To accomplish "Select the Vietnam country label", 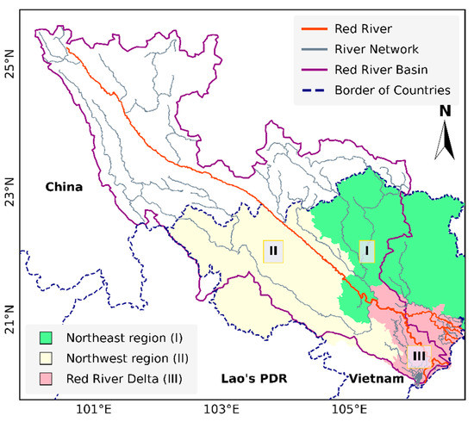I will click(x=375, y=378).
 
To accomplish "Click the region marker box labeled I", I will click(x=368, y=250).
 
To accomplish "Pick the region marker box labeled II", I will click(x=273, y=251).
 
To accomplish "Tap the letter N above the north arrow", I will click(x=444, y=111).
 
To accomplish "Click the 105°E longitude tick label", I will click(x=348, y=409).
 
